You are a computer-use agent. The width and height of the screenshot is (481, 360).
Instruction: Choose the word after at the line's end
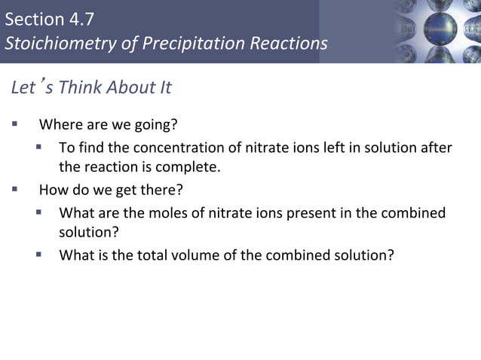pos(437,148)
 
